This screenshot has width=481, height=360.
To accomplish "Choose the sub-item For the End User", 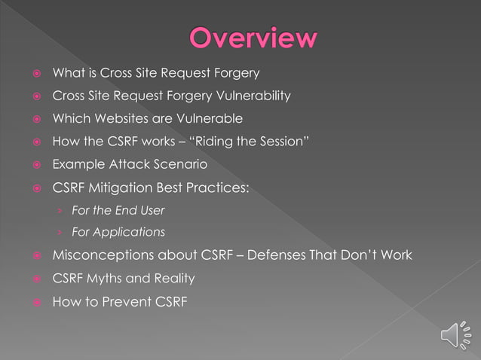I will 118,210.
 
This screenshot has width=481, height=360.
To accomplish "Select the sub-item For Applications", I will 118,232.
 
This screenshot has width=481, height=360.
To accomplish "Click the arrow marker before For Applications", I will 60,232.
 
